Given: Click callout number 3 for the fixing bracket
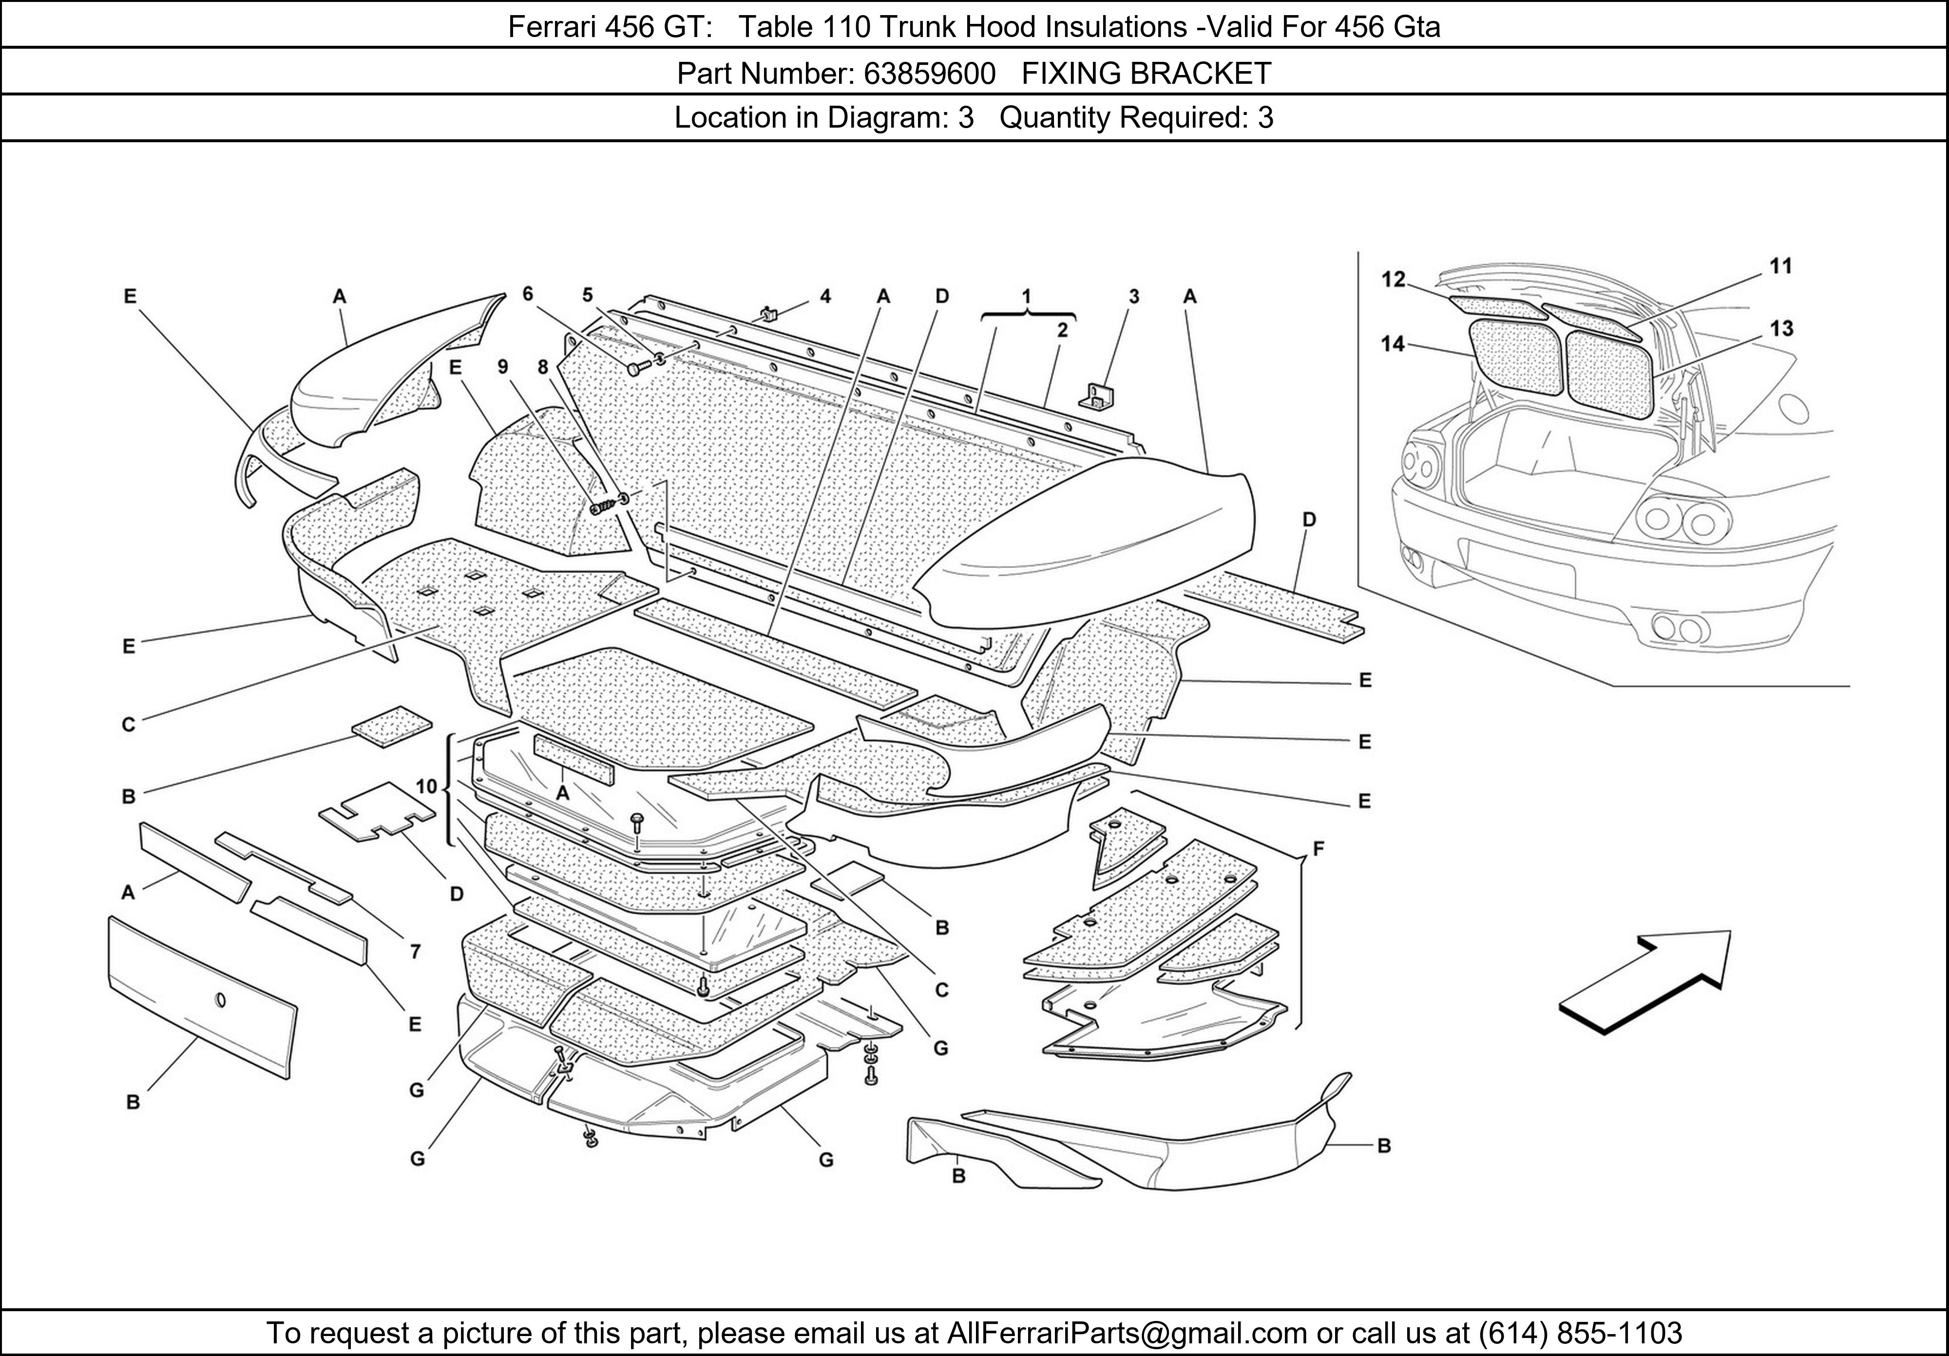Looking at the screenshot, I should [x=1133, y=296].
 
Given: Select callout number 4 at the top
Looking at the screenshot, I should [x=825, y=296].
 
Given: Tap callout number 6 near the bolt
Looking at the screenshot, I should [x=528, y=294].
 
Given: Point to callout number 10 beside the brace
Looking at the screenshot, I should [x=426, y=787].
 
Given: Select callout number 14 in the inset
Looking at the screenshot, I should [x=1392, y=344].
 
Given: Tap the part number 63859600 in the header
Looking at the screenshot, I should [x=930, y=75].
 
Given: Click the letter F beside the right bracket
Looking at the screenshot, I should [x=1318, y=847].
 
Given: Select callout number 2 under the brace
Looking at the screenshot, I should [x=1062, y=331].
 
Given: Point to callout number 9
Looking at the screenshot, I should [x=503, y=367].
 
